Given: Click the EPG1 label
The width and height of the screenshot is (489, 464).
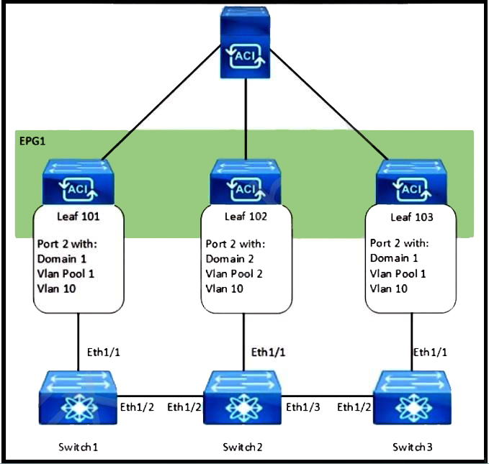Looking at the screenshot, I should point(33,140).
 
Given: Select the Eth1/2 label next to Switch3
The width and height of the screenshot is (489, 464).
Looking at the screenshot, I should point(356,407).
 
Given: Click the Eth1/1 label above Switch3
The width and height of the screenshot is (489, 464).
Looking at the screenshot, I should point(431,352).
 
